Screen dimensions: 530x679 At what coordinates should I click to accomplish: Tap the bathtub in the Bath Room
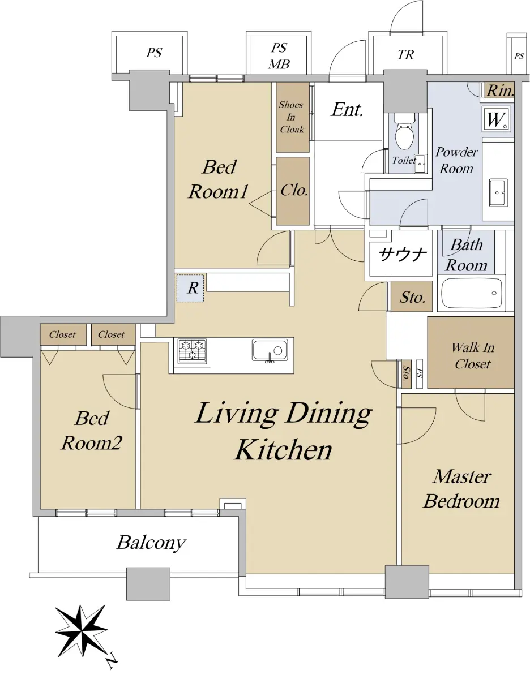click(x=472, y=294)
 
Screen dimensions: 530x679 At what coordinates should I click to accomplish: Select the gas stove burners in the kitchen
click(x=192, y=351)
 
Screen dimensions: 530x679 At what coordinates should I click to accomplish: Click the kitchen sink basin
click(x=270, y=350)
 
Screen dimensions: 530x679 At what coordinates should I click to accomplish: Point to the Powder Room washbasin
click(x=498, y=192)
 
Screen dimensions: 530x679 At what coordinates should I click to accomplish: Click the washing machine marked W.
click(x=497, y=120)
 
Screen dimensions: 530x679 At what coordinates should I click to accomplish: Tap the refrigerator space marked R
click(x=190, y=288)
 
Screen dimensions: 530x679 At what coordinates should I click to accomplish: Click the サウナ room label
click(x=403, y=255)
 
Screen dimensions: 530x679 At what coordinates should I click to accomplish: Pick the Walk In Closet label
click(x=472, y=356)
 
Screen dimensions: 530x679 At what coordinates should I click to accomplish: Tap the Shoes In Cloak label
click(x=292, y=117)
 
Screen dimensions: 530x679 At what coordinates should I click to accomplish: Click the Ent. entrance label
click(x=347, y=110)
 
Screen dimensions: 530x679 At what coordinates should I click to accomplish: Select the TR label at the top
click(x=406, y=55)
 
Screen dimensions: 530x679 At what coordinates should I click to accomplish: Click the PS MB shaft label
click(x=279, y=56)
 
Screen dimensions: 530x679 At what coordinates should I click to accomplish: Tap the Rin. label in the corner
click(x=500, y=91)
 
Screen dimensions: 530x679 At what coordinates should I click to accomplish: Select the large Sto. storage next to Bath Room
click(x=412, y=297)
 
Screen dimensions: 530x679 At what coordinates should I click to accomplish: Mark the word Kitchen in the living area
click(x=283, y=450)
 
